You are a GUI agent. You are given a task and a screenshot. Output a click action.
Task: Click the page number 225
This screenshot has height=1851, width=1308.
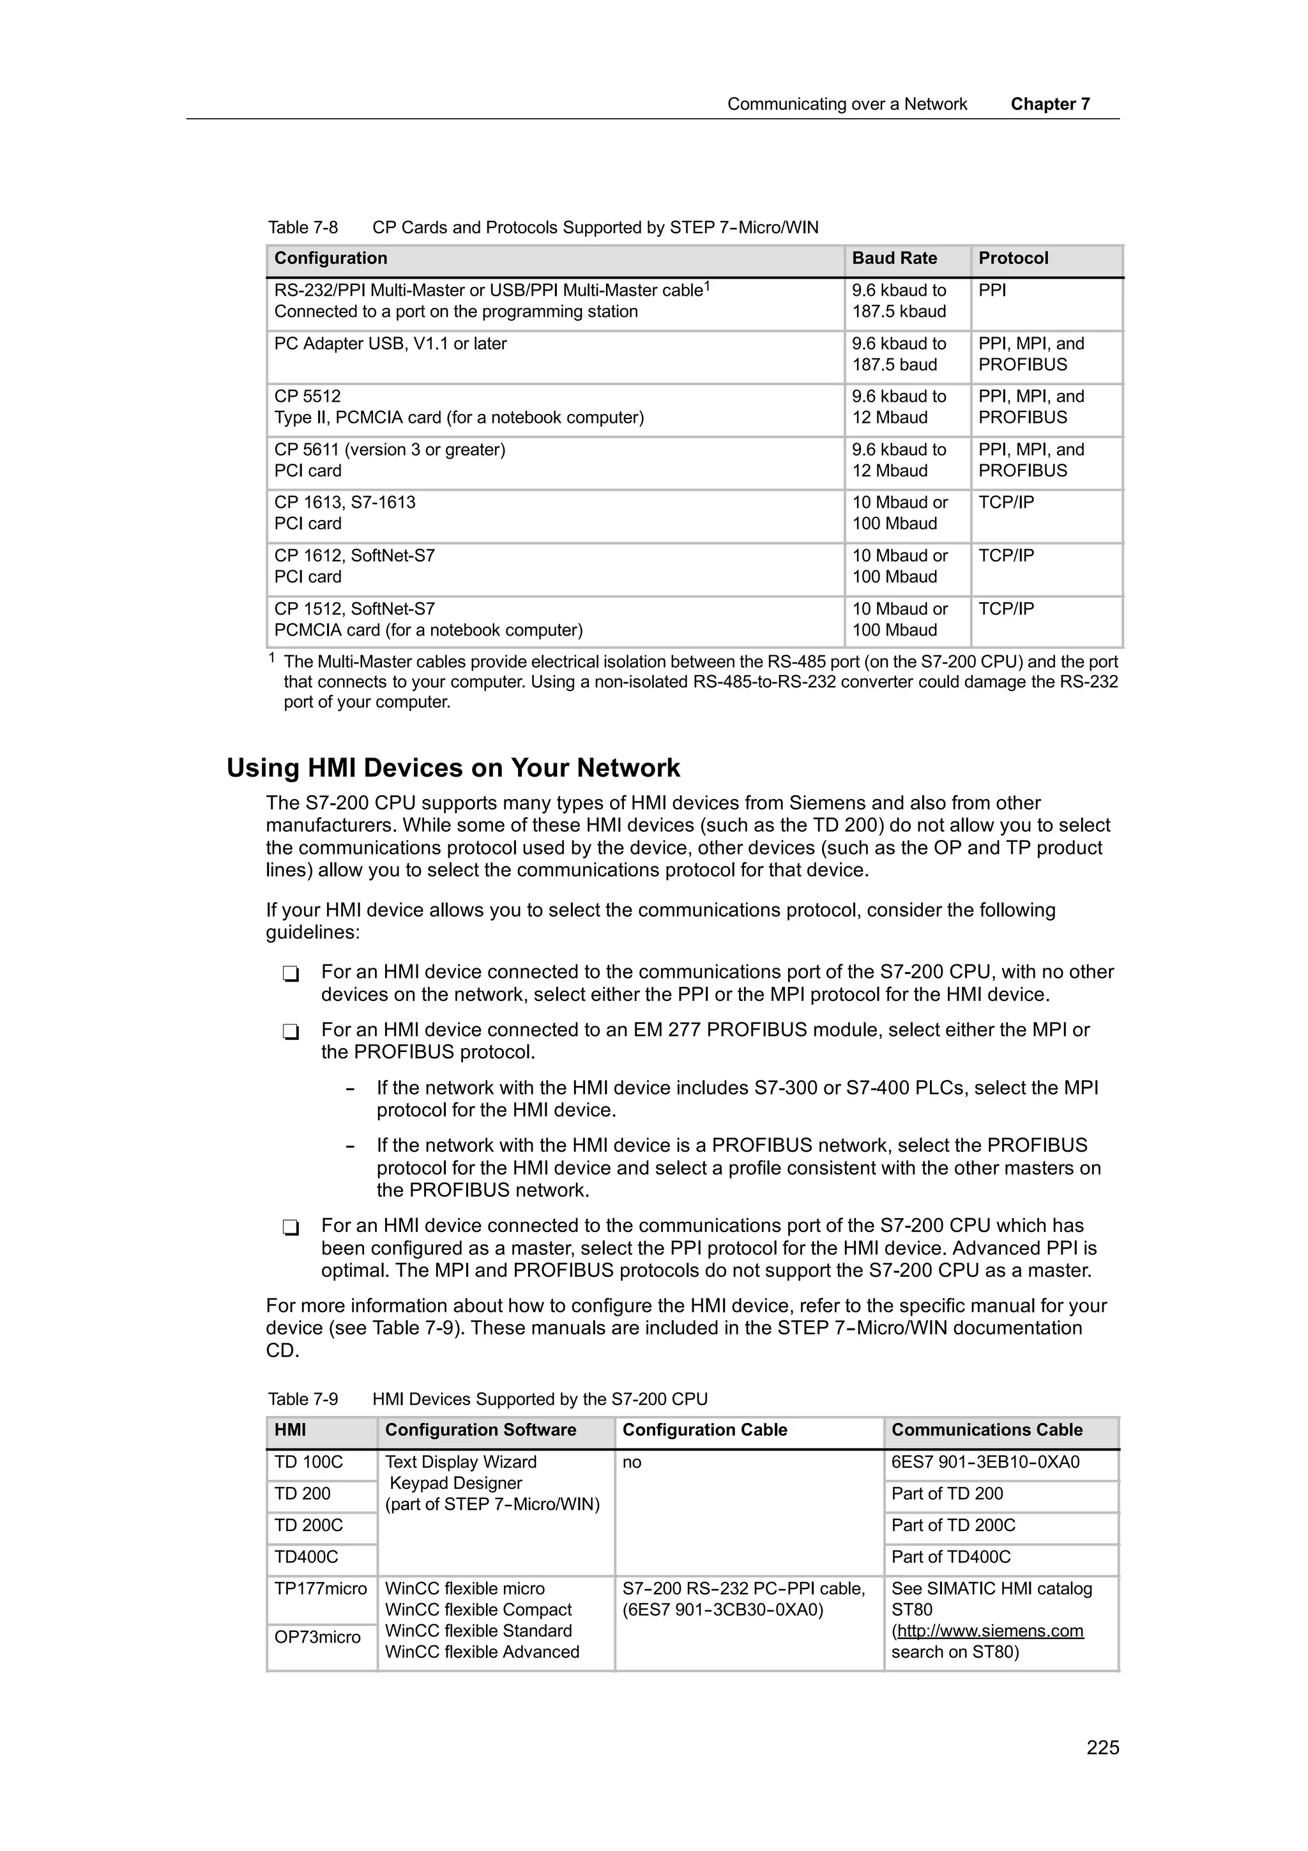[1102, 1748]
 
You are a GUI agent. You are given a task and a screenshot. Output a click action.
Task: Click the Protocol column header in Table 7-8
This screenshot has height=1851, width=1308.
[1012, 259]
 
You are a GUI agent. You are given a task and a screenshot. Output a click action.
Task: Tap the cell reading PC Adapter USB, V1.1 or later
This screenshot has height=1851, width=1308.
[390, 344]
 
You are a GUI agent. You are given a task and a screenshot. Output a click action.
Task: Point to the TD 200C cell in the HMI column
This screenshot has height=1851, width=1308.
[308, 1525]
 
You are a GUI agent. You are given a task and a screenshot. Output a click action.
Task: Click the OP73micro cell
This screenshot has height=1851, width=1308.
[317, 1638]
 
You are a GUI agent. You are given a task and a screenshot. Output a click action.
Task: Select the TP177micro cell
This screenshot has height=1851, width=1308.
[320, 1589]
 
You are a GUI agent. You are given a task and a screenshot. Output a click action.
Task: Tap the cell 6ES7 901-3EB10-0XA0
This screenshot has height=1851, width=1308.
[985, 1463]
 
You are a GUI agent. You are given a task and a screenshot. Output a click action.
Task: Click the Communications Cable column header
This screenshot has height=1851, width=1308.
[987, 1430]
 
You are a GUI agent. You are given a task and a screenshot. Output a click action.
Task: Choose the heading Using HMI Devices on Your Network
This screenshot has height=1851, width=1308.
[453, 768]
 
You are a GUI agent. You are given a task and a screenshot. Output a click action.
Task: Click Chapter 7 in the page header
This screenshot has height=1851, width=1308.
[1049, 104]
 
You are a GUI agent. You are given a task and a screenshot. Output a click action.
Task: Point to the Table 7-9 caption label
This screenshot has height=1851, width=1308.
[303, 1399]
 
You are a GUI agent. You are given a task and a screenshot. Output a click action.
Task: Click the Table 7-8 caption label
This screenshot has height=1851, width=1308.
[303, 227]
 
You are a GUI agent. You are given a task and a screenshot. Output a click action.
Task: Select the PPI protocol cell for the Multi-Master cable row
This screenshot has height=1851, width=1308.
[992, 291]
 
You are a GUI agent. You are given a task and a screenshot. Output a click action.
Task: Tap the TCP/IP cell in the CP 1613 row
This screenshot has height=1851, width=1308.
[1006, 503]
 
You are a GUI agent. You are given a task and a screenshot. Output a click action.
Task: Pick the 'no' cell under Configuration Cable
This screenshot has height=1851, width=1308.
[631, 1463]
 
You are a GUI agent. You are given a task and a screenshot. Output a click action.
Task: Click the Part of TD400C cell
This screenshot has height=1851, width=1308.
[950, 1557]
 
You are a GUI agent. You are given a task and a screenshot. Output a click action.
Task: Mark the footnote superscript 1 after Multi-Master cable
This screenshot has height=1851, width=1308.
[707, 286]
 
